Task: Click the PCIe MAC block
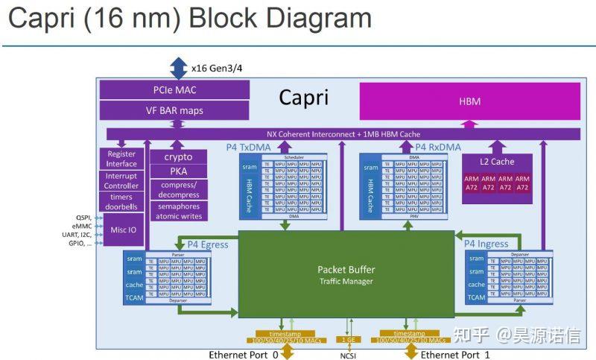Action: coord(174,91)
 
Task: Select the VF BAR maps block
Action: coord(174,111)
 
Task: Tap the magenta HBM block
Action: coord(469,101)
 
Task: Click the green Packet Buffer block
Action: coord(346,274)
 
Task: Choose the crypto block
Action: coord(178,157)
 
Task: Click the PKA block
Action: coord(178,171)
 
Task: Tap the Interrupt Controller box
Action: coord(121,180)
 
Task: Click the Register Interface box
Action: coord(121,158)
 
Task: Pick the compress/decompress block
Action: coord(178,189)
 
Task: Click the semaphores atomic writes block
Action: coord(178,211)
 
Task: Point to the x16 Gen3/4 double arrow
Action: coord(178,69)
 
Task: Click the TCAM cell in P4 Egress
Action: coord(134,298)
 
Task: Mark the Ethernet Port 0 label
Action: coord(243,355)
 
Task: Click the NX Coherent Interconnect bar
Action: coord(343,134)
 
